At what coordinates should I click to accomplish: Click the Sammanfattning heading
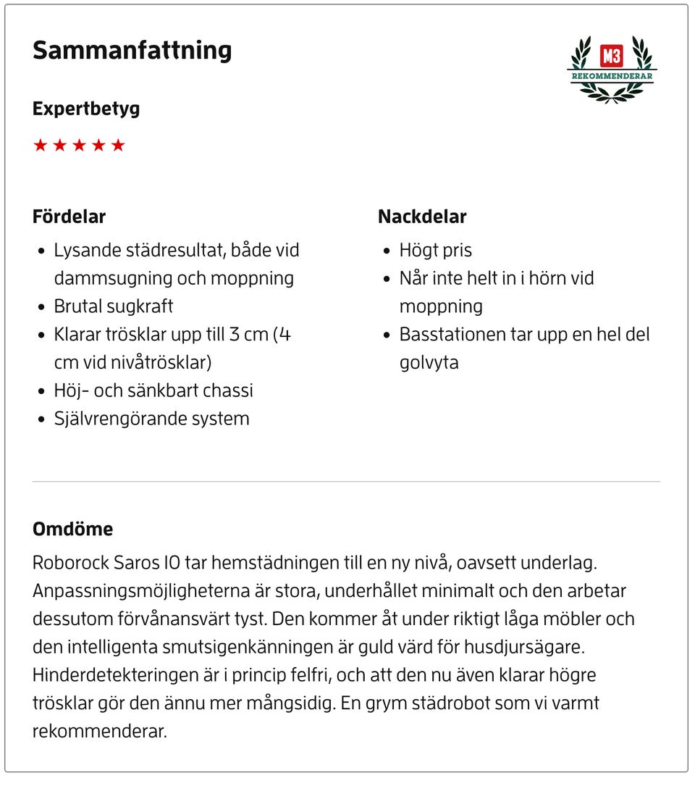(x=132, y=51)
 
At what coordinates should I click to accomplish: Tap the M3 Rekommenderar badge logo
(x=612, y=69)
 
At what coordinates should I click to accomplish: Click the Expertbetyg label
(x=86, y=109)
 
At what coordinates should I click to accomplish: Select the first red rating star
(x=41, y=146)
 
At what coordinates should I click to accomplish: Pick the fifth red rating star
(x=118, y=146)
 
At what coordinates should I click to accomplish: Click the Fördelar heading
(x=69, y=217)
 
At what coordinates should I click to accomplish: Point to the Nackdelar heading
(x=422, y=217)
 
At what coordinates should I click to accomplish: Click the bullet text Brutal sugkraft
(x=114, y=306)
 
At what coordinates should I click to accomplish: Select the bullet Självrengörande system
(x=151, y=419)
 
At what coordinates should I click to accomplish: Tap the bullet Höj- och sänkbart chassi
(x=153, y=390)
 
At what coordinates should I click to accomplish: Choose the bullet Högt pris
(x=436, y=251)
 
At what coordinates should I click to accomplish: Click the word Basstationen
(x=450, y=335)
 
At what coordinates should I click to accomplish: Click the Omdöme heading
(x=72, y=529)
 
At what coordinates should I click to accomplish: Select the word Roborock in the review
(x=69, y=563)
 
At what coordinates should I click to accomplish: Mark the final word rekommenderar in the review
(x=99, y=731)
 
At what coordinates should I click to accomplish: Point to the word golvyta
(x=429, y=362)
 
